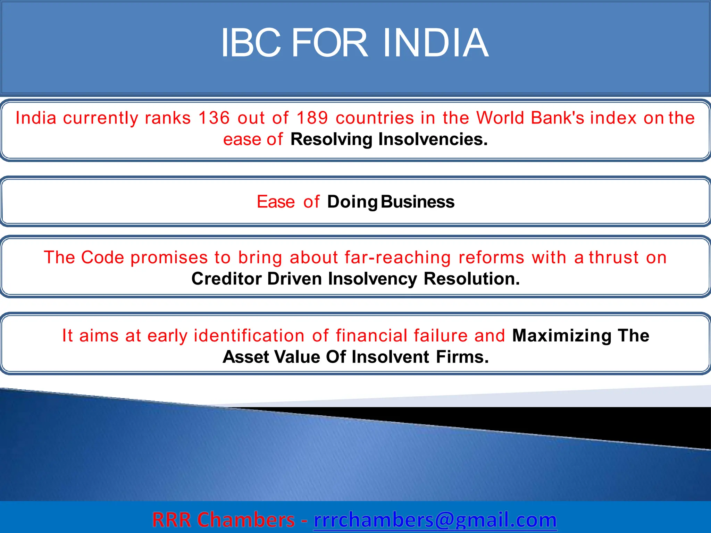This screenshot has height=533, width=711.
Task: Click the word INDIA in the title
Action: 435,43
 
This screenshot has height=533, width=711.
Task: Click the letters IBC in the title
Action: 251,43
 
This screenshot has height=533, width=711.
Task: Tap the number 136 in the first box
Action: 214,118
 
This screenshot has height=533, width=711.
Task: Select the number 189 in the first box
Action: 312,118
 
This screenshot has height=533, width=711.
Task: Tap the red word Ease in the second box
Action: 276,202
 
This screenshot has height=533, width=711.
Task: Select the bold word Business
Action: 417,202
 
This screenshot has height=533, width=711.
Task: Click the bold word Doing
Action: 352,202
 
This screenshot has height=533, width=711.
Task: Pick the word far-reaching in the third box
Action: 398,258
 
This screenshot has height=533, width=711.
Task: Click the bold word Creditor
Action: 226,279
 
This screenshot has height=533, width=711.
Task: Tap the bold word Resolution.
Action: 471,279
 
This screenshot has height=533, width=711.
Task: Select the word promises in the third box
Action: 169,258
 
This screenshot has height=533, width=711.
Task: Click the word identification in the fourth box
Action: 249,336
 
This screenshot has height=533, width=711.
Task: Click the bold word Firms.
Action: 462,357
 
